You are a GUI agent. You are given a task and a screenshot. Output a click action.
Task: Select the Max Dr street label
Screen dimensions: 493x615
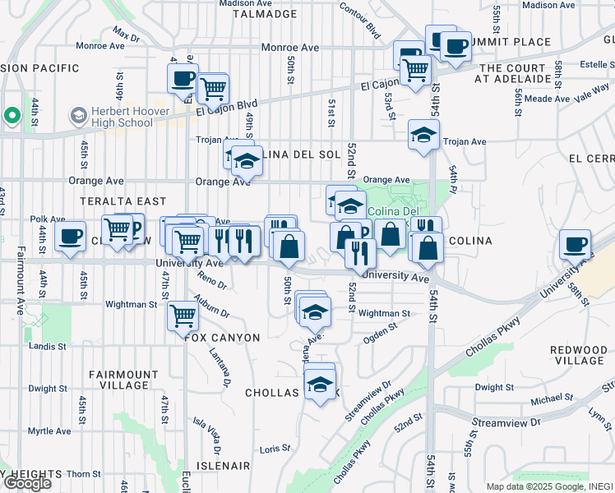pyautogui.click(x=127, y=35)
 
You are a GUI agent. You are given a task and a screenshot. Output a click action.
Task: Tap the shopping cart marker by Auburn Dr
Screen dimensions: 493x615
pyautogui.click(x=183, y=315)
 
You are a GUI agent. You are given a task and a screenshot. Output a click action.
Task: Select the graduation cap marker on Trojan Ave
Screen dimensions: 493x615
pyautogui.click(x=423, y=134)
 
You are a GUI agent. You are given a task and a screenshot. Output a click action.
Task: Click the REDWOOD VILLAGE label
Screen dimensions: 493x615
pyautogui.click(x=579, y=355)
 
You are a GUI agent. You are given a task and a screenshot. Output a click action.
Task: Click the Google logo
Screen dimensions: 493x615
pyautogui.click(x=27, y=482)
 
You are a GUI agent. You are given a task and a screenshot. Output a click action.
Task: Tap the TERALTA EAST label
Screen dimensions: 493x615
pyautogui.click(x=123, y=201)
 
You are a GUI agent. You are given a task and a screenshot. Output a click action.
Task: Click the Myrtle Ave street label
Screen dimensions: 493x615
pyautogui.click(x=49, y=431)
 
